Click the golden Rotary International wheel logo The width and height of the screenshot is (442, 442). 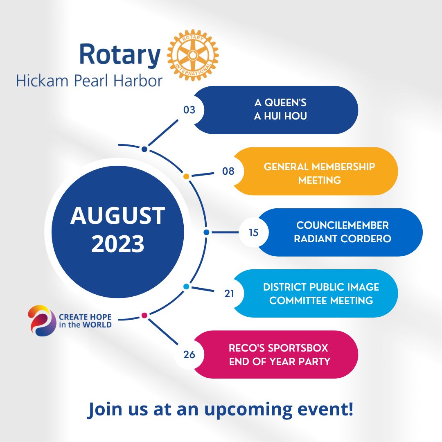(x=193, y=55)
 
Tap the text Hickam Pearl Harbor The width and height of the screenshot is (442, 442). (x=89, y=81)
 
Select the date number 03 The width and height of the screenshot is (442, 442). (x=189, y=110)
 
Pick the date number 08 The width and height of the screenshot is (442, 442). (x=228, y=171)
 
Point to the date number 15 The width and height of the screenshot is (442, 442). (x=254, y=232)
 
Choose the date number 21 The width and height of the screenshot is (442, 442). (x=229, y=293)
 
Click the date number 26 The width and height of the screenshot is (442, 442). (x=189, y=354)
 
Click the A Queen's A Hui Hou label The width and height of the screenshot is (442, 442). (x=280, y=110)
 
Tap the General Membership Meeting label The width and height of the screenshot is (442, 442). (x=319, y=173)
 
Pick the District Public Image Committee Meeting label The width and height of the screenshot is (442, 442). (x=321, y=293)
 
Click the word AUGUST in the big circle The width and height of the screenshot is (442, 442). (x=118, y=216)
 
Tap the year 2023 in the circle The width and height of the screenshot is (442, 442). (x=118, y=244)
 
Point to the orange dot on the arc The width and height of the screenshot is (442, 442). (x=186, y=177)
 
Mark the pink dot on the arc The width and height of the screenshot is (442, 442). (x=144, y=315)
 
